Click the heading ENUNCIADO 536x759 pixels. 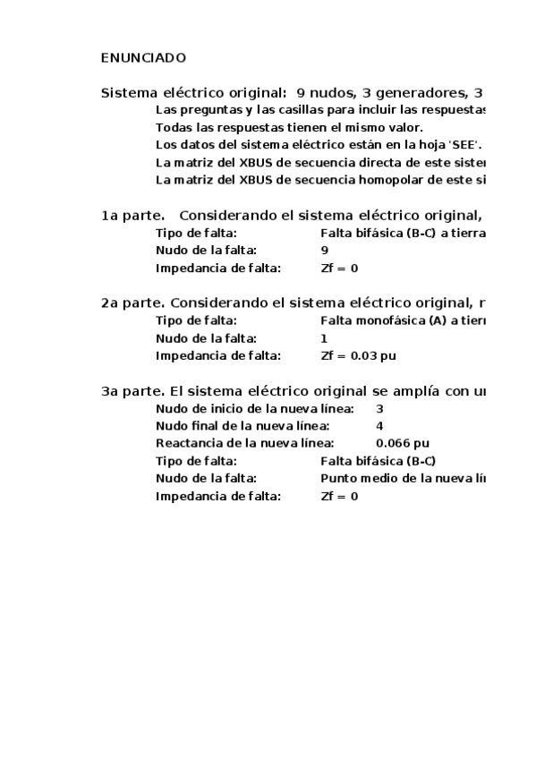pos(143,58)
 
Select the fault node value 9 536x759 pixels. pos(324,251)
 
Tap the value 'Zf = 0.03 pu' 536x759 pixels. pos(358,355)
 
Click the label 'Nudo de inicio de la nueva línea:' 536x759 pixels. pos(254,408)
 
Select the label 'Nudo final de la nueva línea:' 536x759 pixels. pos(242,425)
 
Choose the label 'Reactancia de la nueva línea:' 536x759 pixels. pos(244,443)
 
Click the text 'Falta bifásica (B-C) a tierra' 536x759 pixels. pos(402,233)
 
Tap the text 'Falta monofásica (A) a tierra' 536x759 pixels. pos(402,320)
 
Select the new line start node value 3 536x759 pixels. pos(380,408)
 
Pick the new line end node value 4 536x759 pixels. pos(380,425)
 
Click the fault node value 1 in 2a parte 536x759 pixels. pos(324,338)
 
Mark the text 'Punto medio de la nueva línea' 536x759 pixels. pos(402,478)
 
